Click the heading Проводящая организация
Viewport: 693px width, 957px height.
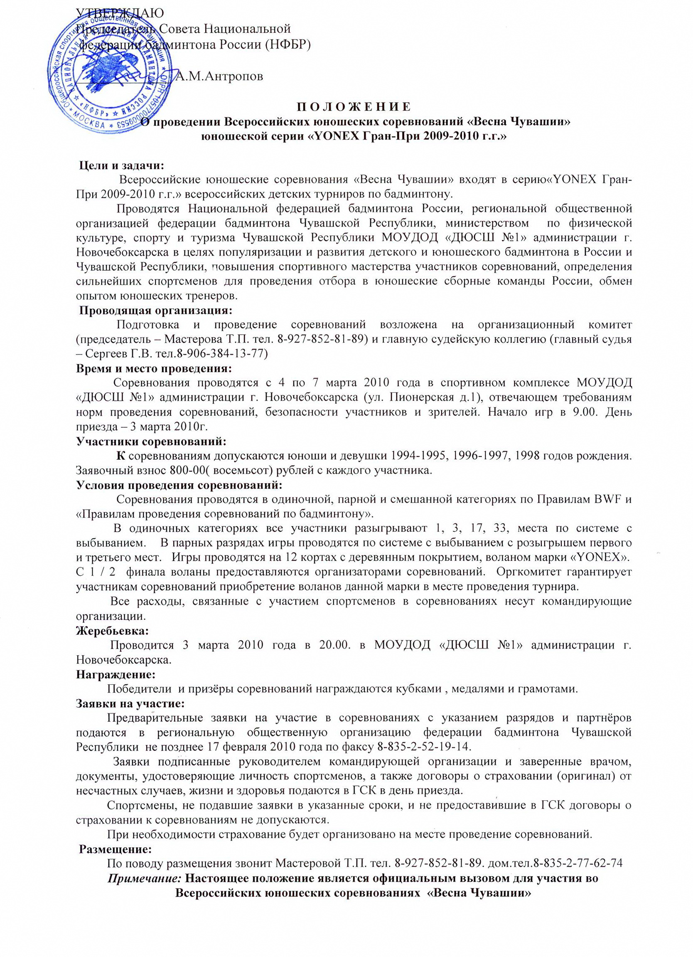pos(156,310)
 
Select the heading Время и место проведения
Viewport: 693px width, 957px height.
pos(154,368)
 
